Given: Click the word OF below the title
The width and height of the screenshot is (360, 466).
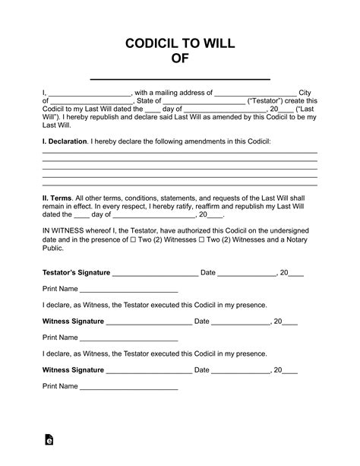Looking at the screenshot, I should (x=180, y=60).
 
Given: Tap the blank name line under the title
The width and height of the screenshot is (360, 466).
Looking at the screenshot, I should (x=180, y=78).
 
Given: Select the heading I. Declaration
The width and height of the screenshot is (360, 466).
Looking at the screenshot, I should (x=64, y=142).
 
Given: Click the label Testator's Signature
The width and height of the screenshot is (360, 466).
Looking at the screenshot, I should (x=76, y=272).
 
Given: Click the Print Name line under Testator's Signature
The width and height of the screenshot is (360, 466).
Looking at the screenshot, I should (x=128, y=291).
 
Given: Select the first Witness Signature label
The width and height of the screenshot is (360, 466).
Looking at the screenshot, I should (x=73, y=322).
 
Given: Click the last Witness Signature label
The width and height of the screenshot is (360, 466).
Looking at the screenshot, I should (x=73, y=370).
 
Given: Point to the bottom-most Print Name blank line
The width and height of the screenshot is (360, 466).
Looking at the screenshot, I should (x=128, y=388).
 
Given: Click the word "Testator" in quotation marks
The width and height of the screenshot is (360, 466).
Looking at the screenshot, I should (x=289, y=100).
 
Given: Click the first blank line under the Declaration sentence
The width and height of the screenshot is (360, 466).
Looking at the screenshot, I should (x=180, y=153).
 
